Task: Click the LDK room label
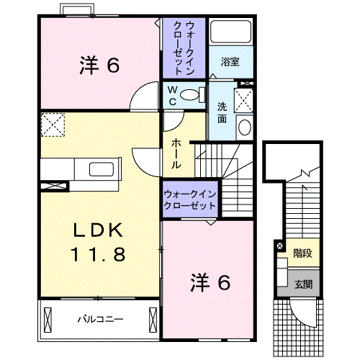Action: tap(99, 232)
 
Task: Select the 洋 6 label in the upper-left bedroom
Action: tap(98, 66)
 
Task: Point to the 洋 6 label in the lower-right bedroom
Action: tap(210, 283)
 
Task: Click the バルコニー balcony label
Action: tap(101, 318)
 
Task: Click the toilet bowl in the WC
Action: tap(191, 94)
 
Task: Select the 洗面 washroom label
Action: tap(222, 112)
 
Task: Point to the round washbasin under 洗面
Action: tap(244, 128)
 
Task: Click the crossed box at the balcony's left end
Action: tap(48, 318)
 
